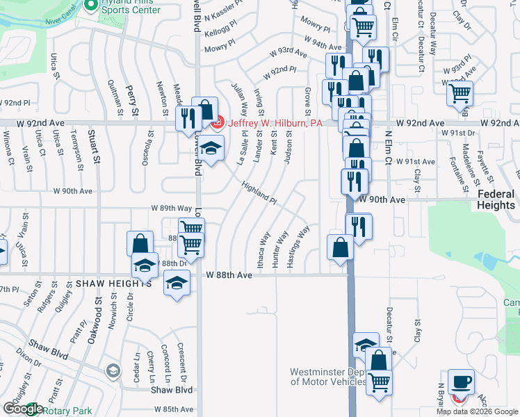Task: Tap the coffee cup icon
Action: (x=461, y=382)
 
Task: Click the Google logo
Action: (x=22, y=409)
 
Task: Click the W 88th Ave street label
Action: (x=229, y=275)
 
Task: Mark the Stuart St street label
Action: (x=91, y=147)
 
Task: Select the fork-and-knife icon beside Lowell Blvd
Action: (x=186, y=117)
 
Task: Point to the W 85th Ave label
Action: (x=174, y=409)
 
